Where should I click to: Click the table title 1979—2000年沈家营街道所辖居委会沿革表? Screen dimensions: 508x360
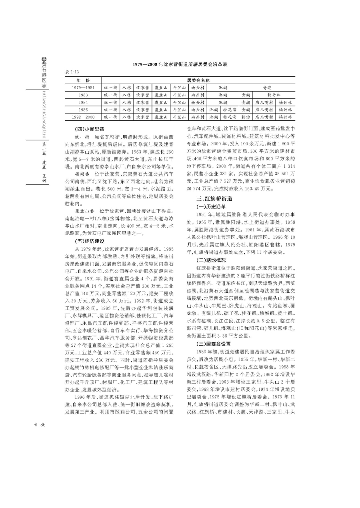click(x=180, y=64)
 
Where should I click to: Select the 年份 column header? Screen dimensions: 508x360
click(x=83, y=80)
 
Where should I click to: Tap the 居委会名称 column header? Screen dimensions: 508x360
click(x=198, y=80)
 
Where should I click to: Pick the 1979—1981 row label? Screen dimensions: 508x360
click(x=83, y=87)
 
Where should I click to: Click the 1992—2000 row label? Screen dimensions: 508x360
click(x=83, y=117)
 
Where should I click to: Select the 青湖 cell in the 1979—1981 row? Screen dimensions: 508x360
click(x=267, y=87)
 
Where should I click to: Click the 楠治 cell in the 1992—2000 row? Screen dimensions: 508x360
click(x=245, y=117)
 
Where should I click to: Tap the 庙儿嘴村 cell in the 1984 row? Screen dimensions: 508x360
click(x=264, y=102)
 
